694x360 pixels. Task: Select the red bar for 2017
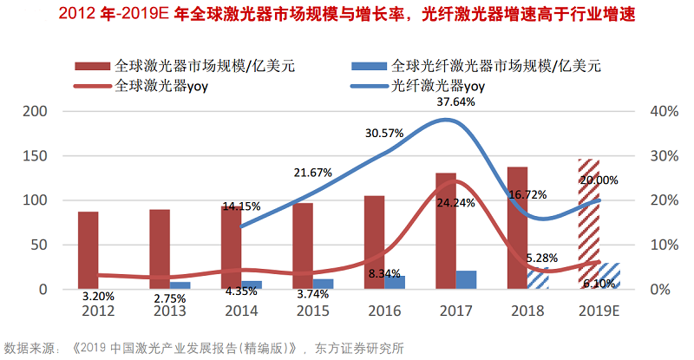point(446,231)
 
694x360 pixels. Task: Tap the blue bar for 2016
point(395,281)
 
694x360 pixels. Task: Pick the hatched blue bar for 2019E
point(609,275)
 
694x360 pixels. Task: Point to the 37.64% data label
point(456,101)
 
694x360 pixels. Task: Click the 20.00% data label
point(599,180)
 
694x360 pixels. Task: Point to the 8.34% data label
point(384,273)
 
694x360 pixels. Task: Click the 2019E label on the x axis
point(599,311)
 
